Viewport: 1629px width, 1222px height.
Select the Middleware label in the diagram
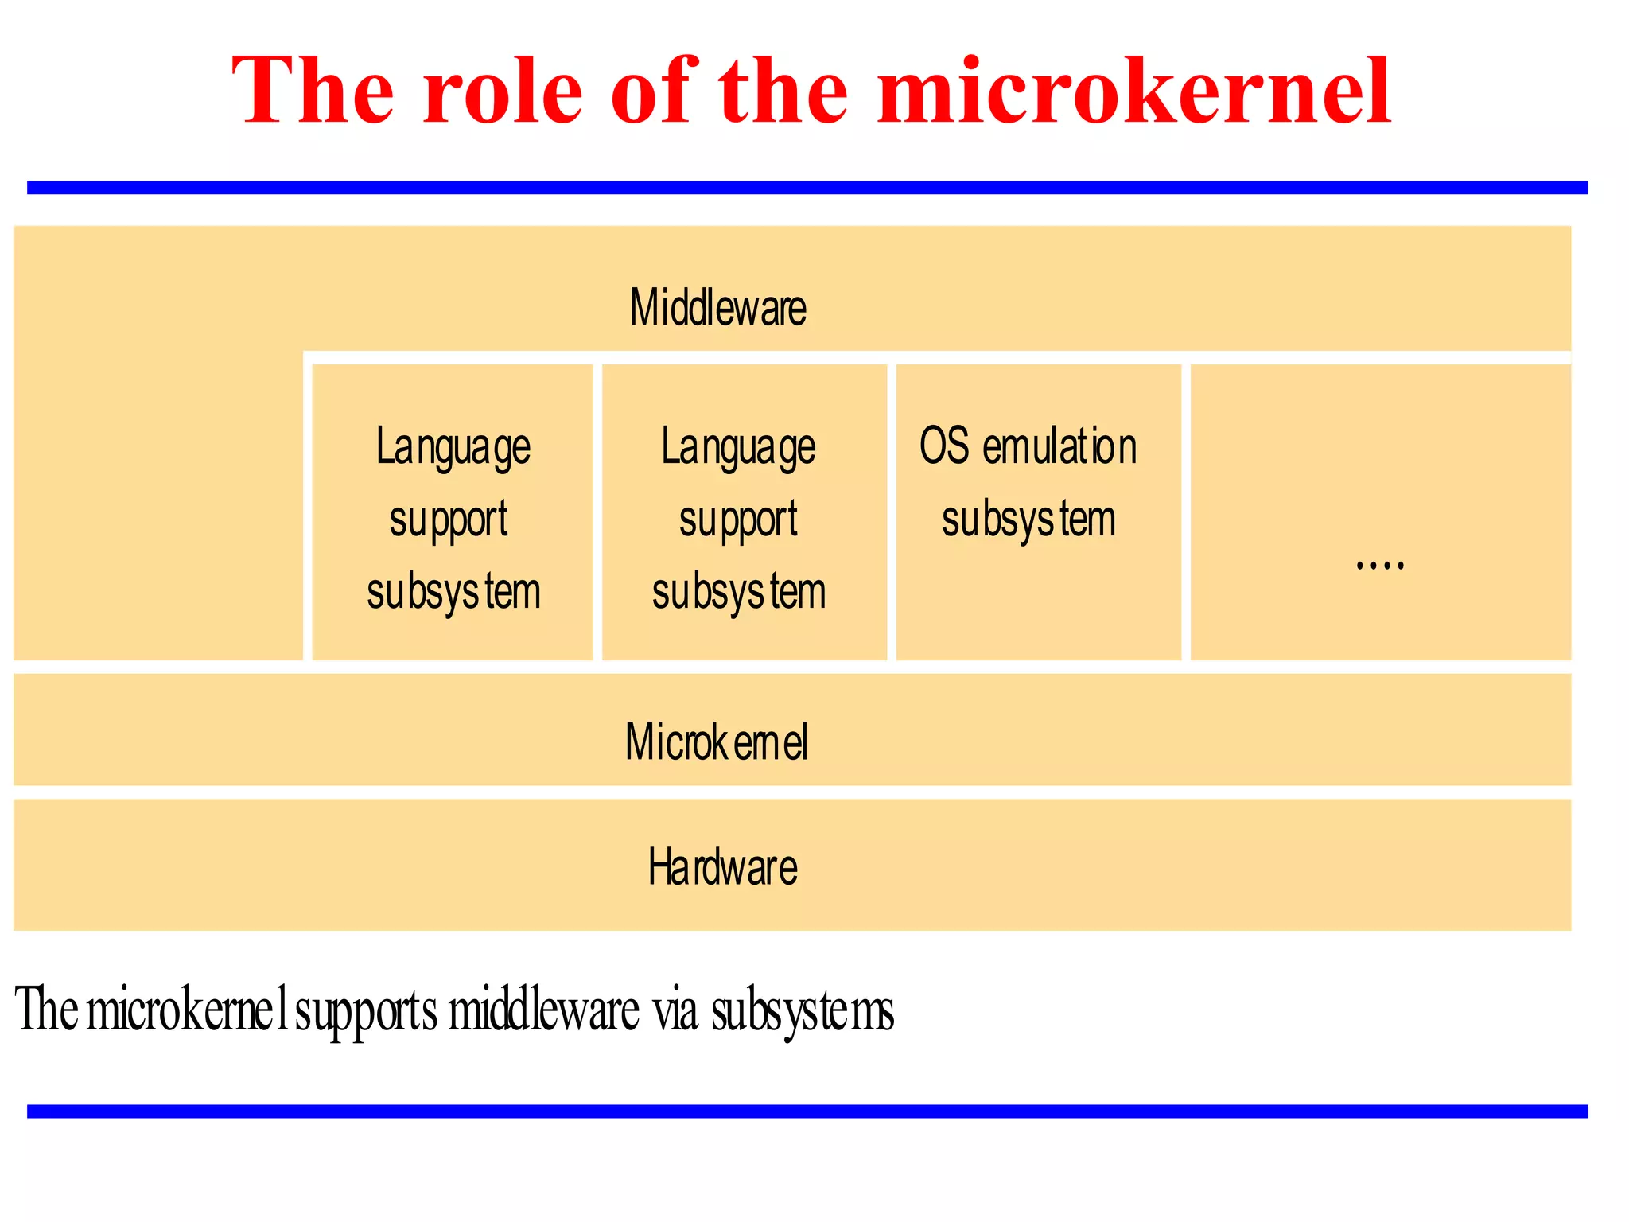coord(717,308)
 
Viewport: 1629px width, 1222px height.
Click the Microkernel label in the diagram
coord(716,741)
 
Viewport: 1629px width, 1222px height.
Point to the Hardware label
coord(722,867)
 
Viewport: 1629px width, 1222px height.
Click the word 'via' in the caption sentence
coord(675,1010)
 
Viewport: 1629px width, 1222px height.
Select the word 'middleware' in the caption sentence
coord(543,1010)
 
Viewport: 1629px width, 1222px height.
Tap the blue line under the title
coord(807,188)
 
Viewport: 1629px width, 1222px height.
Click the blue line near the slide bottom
coord(807,1111)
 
